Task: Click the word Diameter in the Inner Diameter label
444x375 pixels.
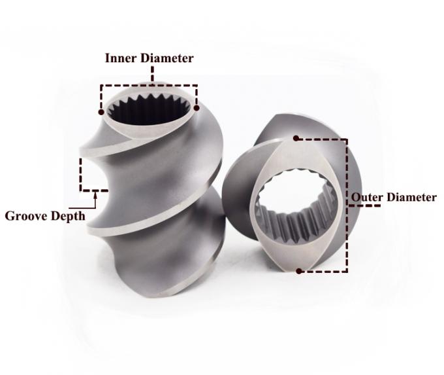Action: click(167, 58)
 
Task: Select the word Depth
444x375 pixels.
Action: click(68, 217)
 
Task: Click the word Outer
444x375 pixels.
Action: click(367, 197)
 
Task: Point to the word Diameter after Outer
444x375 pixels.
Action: click(411, 197)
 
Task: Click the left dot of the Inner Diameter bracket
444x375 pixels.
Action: click(101, 112)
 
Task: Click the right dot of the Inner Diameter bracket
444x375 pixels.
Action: click(197, 108)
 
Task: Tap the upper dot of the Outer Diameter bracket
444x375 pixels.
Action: click(296, 138)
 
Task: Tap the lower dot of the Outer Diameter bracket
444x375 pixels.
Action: click(299, 271)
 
